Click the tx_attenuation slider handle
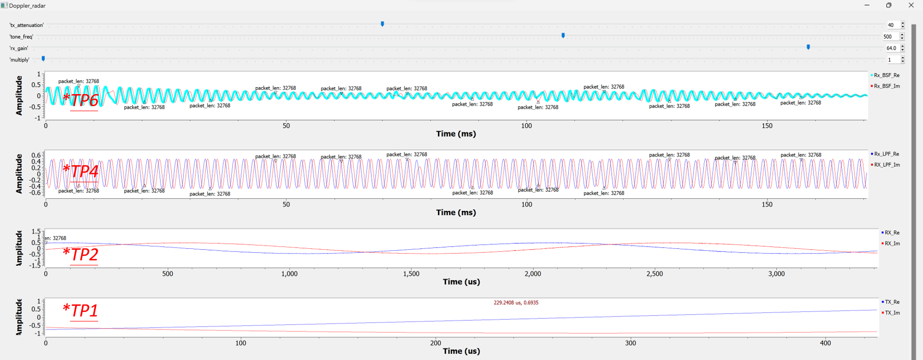[x=382, y=24]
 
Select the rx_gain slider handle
[x=808, y=47]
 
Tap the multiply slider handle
[x=44, y=59]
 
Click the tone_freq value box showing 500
[x=889, y=37]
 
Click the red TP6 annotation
[x=81, y=100]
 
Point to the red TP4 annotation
[x=81, y=171]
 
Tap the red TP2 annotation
[x=81, y=254]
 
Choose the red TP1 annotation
[x=81, y=310]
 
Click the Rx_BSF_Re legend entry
[x=886, y=75]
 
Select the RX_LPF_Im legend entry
[x=886, y=165]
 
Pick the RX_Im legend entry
[x=891, y=243]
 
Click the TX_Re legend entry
[x=891, y=302]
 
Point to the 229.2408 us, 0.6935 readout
[x=516, y=302]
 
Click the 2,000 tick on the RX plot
[x=533, y=274]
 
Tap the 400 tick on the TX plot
[x=825, y=343]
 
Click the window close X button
[x=911, y=5]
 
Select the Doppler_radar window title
[x=27, y=6]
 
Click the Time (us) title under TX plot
[x=461, y=351]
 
